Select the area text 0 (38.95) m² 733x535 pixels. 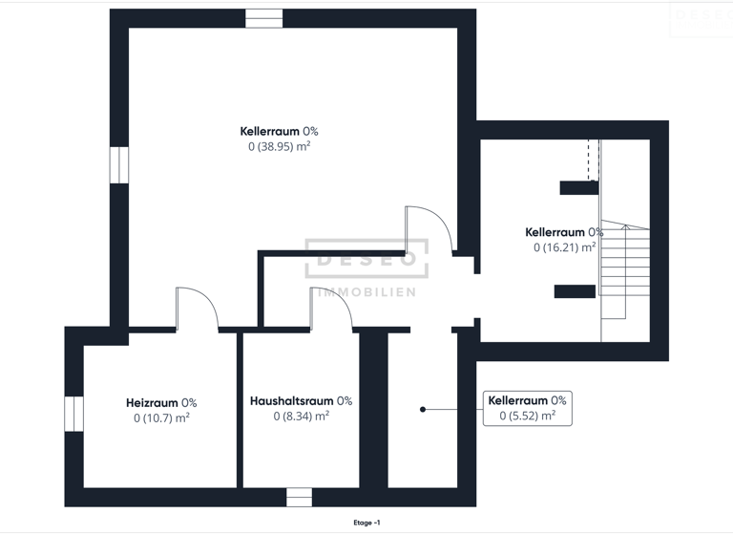coord(279,146)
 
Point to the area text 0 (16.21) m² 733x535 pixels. coord(564,246)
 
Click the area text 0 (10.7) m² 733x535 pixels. coord(161,417)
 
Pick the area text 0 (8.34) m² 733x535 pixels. coord(301,416)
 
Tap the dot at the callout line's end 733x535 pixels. coord(423,410)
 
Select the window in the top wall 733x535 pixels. coord(264,18)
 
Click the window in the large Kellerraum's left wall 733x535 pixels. coord(119,164)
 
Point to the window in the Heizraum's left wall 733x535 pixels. coord(73,414)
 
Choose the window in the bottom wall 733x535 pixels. coord(299,497)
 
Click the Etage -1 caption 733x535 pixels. coord(366,523)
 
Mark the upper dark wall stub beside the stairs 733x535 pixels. coord(578,187)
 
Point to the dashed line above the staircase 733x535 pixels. coord(589,158)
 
